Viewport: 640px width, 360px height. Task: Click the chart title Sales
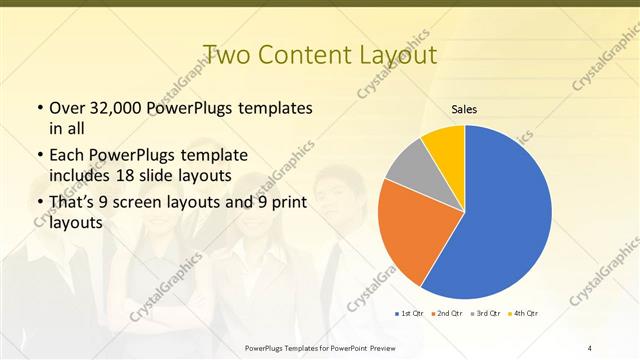coord(464,109)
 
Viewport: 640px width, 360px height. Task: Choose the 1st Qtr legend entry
coord(409,314)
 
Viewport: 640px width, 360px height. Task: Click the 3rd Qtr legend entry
coord(487,314)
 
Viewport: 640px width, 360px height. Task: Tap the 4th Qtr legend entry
coord(525,314)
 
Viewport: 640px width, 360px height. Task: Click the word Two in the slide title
coord(225,53)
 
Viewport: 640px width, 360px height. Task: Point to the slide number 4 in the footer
coord(590,347)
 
